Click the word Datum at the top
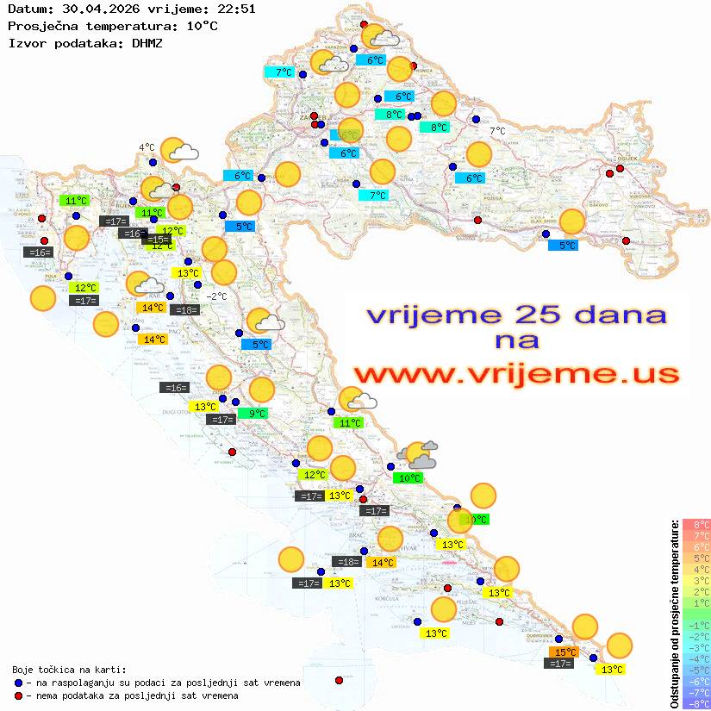(x=27, y=9)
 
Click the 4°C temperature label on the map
(x=147, y=147)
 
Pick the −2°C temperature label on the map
(x=215, y=296)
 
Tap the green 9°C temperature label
(x=257, y=414)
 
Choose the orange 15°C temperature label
(x=564, y=652)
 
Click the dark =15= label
(x=157, y=240)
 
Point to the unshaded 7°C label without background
(x=497, y=131)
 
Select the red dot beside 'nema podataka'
(x=19, y=695)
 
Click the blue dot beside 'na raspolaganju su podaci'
(x=19, y=683)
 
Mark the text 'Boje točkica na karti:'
(x=69, y=670)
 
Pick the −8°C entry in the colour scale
(x=695, y=703)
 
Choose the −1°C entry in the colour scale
(x=695, y=625)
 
